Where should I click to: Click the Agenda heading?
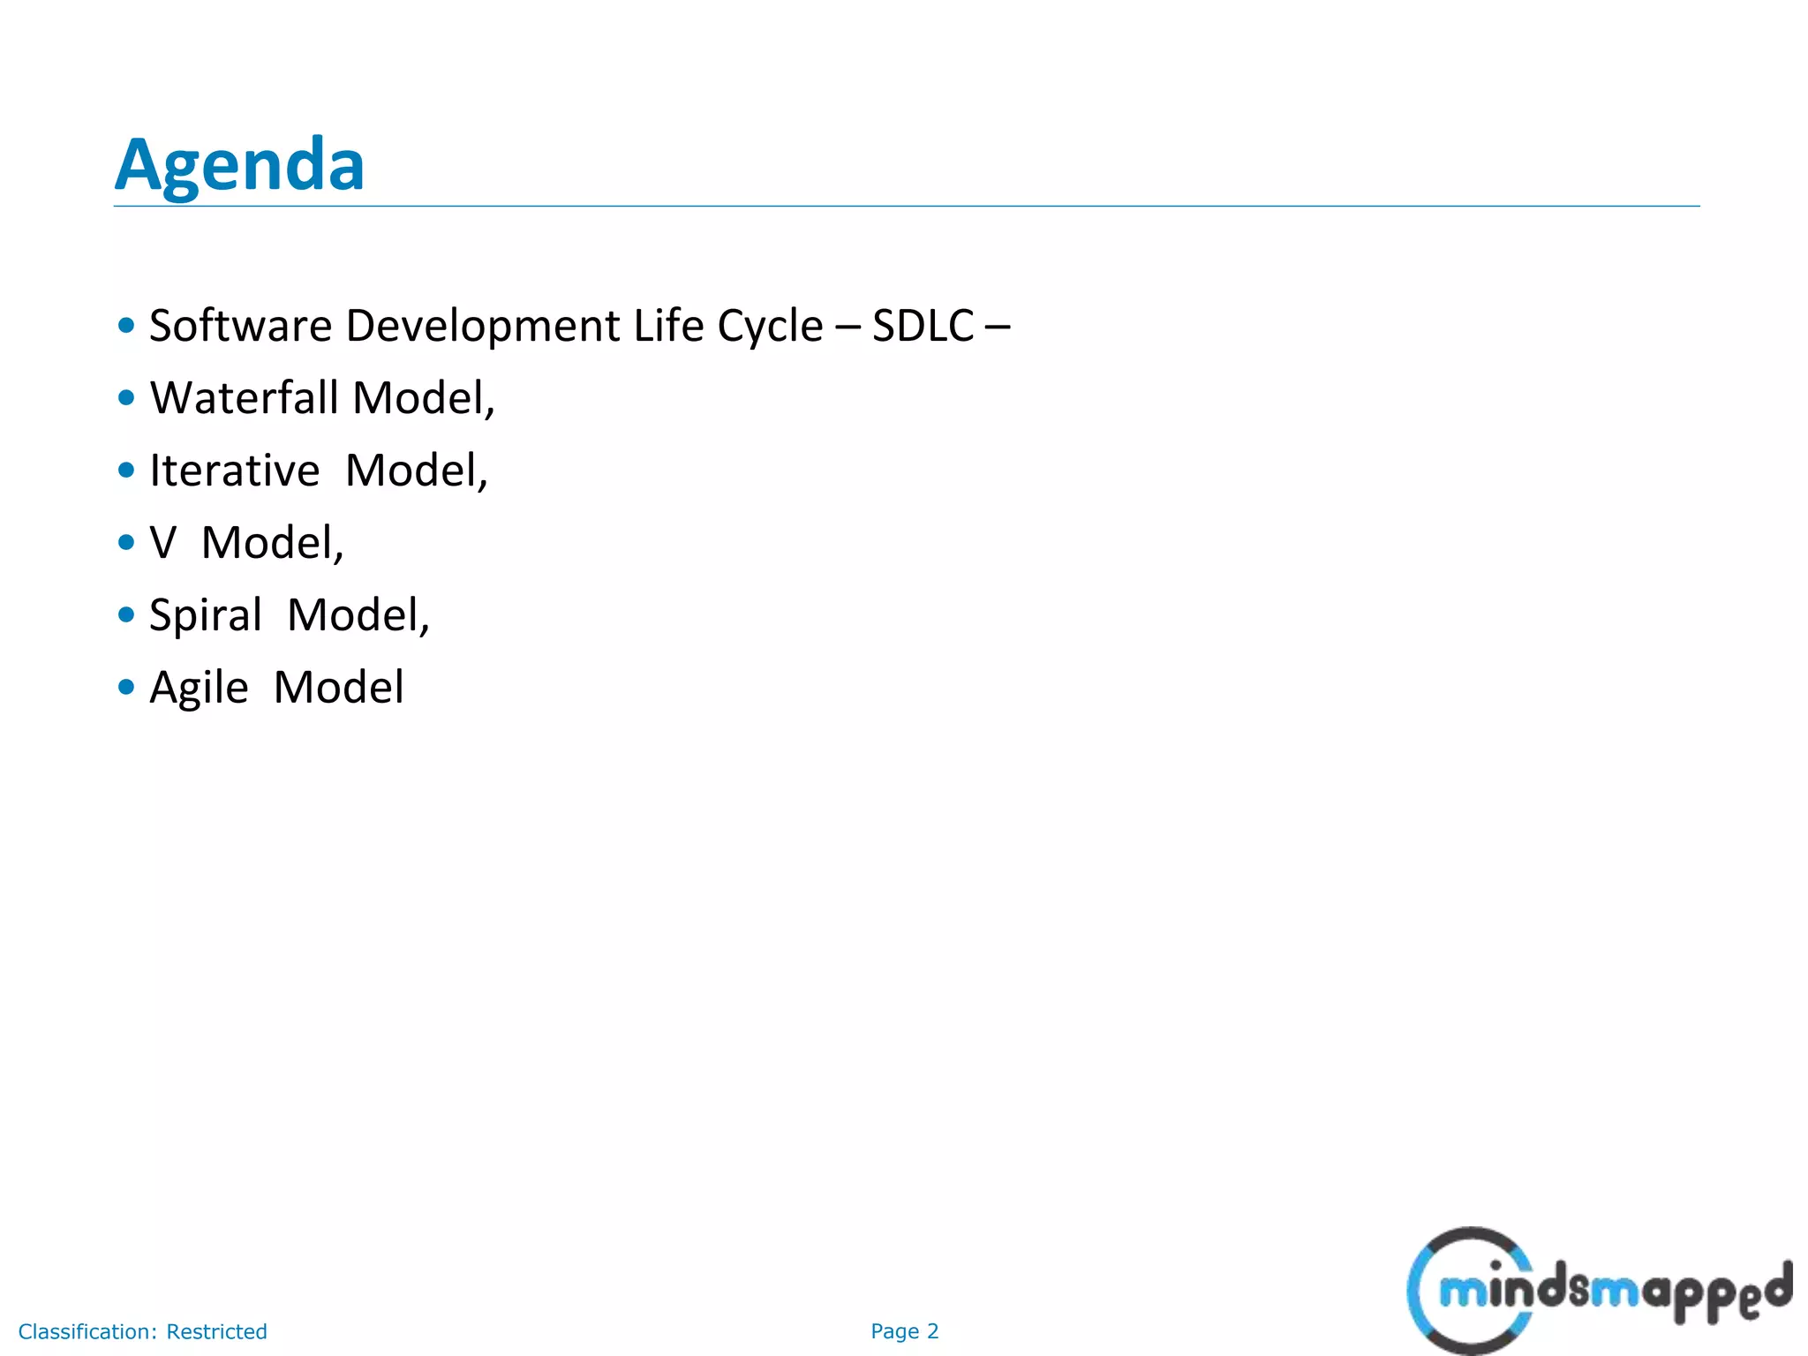click(x=239, y=165)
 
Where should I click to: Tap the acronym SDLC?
click(x=923, y=326)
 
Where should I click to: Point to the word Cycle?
click(x=769, y=327)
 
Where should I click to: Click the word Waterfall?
click(x=244, y=398)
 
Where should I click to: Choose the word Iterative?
click(x=234, y=471)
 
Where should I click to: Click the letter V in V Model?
click(x=162, y=543)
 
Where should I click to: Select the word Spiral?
click(x=206, y=615)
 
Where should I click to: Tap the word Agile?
click(x=199, y=688)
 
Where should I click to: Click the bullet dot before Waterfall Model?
click(x=126, y=398)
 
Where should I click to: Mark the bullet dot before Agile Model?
click(x=126, y=687)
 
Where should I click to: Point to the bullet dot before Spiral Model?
click(x=126, y=614)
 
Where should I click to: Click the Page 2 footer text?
click(x=904, y=1331)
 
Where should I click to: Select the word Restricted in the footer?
click(x=216, y=1331)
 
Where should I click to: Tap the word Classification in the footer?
click(x=87, y=1331)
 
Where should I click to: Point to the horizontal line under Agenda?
click(x=906, y=206)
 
